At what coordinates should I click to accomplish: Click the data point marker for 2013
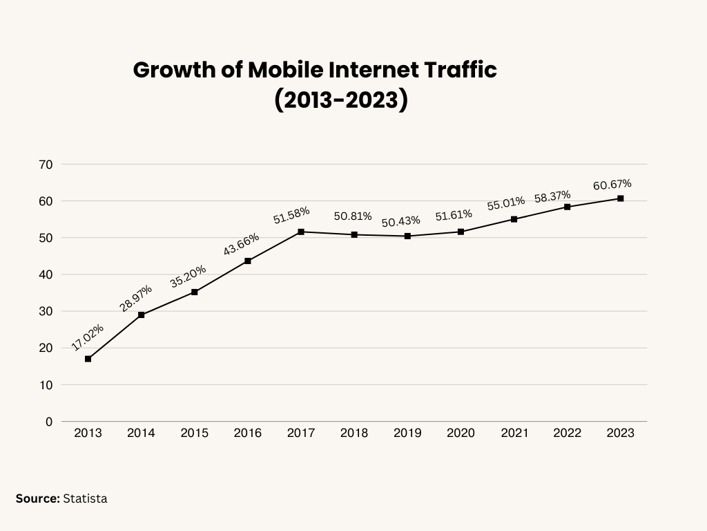(x=88, y=359)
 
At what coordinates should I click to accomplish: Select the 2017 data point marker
(x=301, y=232)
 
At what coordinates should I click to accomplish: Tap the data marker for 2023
(x=621, y=198)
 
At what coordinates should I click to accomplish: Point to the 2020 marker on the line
(x=461, y=232)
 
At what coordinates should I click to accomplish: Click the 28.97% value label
(x=136, y=298)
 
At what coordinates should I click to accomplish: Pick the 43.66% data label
(x=242, y=245)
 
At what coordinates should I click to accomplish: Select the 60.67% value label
(x=612, y=185)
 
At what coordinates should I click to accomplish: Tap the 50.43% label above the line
(x=400, y=221)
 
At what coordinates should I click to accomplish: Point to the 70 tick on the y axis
(x=46, y=165)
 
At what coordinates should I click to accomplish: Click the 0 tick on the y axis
(x=48, y=421)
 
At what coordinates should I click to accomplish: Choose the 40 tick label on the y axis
(x=46, y=274)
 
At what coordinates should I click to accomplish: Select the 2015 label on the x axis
(x=195, y=434)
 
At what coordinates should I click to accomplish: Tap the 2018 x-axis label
(x=354, y=434)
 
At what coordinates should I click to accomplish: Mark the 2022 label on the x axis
(x=567, y=434)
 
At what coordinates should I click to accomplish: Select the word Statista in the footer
(x=85, y=498)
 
